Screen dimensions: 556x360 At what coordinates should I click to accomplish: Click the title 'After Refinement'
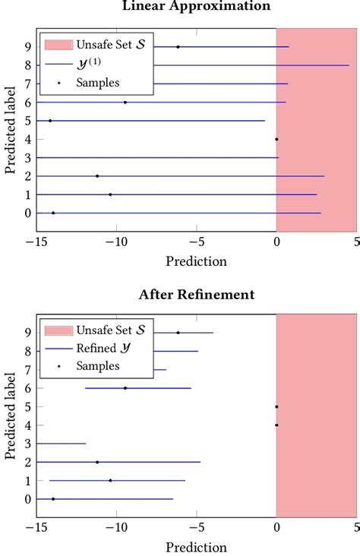click(x=196, y=295)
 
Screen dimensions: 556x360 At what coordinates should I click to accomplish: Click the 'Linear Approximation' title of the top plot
click(x=196, y=6)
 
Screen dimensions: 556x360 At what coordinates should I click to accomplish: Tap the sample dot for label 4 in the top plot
click(x=276, y=139)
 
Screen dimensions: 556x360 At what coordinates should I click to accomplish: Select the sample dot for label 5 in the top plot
click(x=50, y=121)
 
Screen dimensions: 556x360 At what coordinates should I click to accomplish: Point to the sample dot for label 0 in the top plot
click(x=53, y=213)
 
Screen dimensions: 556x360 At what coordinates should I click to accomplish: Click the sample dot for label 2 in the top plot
click(x=97, y=176)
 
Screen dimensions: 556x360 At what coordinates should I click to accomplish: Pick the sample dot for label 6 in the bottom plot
click(x=125, y=388)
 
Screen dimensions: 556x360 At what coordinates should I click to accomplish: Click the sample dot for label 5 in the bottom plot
click(x=276, y=406)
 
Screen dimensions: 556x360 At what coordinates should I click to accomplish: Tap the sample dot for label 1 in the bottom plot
click(x=110, y=481)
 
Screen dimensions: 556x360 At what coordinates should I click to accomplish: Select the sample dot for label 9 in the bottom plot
click(x=178, y=333)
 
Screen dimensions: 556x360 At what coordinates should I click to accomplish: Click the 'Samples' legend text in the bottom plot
click(x=97, y=367)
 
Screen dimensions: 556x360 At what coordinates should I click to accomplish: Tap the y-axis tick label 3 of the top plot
click(x=27, y=158)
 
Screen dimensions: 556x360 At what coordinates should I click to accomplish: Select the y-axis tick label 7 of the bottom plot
click(x=27, y=370)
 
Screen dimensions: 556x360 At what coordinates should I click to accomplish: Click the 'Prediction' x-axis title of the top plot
click(x=196, y=261)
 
